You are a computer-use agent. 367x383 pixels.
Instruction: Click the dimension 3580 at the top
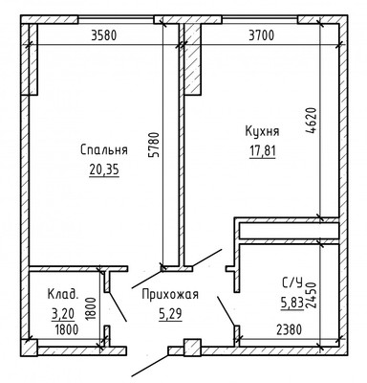(x=110, y=36)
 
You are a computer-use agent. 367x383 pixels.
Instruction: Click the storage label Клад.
(x=64, y=295)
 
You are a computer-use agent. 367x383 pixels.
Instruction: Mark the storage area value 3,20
(x=64, y=312)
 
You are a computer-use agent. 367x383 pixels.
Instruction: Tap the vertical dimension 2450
(x=312, y=292)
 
